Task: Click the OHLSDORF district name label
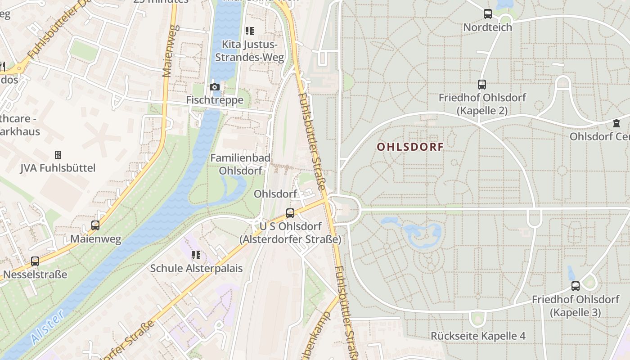[410, 147]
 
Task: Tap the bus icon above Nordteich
[488, 14]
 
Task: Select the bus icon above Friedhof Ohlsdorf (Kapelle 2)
[482, 84]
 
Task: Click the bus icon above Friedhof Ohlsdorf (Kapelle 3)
[576, 286]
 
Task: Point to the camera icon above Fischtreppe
[215, 87]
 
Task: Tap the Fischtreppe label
[215, 100]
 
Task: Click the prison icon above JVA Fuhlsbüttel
[58, 155]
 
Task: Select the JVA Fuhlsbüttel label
[58, 168]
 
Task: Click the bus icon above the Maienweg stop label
[95, 225]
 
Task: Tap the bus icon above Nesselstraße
[35, 261]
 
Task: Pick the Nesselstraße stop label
[35, 274]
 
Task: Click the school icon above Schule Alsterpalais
[196, 255]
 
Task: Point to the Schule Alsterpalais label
[196, 268]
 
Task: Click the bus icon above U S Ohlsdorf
[290, 213]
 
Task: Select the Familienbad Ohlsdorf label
[240, 164]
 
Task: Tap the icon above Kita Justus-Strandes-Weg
[249, 31]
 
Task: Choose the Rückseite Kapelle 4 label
[478, 336]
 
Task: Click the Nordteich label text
[488, 27]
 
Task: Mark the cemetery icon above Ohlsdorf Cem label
[616, 123]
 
